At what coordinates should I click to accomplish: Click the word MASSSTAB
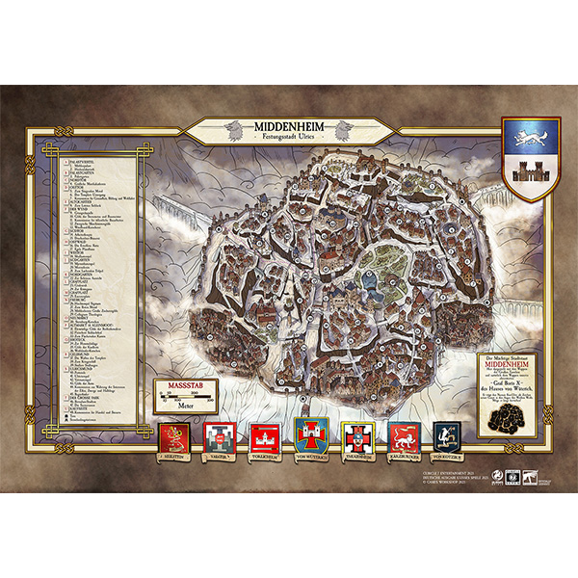[183, 386]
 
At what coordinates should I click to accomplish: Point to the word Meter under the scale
[183, 407]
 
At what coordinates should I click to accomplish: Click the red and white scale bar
[183, 397]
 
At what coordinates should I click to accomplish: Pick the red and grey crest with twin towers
[220, 438]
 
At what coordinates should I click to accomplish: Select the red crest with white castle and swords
[264, 439]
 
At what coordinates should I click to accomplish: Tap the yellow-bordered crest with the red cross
[356, 439]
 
